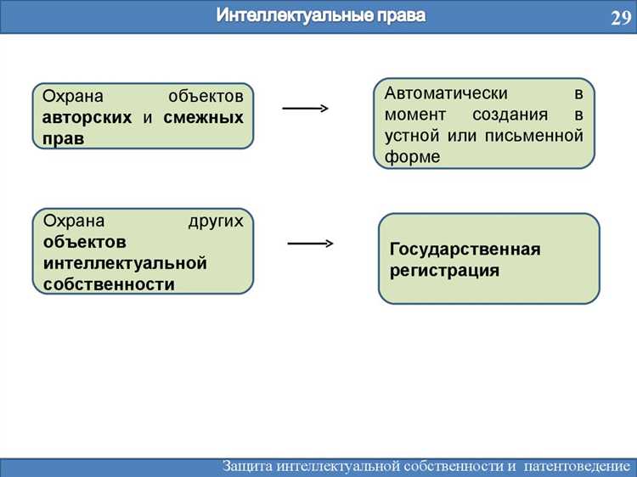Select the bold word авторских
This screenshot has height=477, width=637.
[x=87, y=117]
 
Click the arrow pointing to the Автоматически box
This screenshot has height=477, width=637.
[x=305, y=109]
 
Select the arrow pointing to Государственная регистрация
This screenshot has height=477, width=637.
[x=310, y=244]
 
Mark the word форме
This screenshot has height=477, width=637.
[x=412, y=157]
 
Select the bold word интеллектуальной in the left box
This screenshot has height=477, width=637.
[x=125, y=263]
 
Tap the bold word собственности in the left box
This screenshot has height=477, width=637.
[x=109, y=284]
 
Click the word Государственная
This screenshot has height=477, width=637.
[x=465, y=250]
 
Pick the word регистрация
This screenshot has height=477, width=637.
[x=444, y=271]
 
